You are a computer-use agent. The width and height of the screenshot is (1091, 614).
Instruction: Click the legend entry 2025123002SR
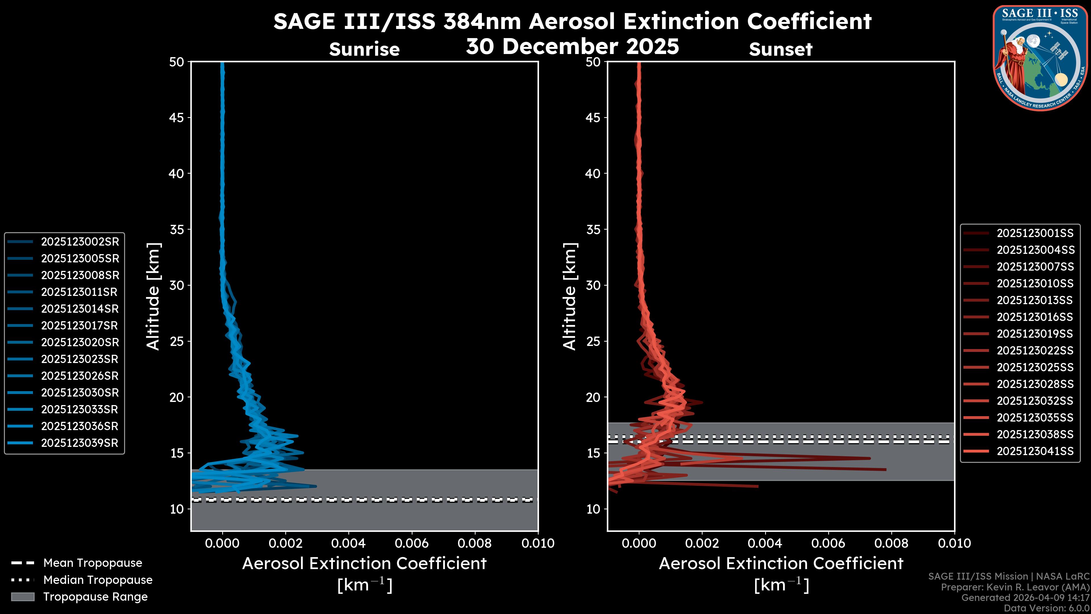coord(80,242)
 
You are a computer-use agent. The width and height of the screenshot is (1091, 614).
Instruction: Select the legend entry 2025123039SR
coord(80,443)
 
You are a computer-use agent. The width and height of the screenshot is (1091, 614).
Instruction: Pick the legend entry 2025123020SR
coord(80,342)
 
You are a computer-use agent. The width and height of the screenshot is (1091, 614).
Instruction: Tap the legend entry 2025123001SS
coord(1035,233)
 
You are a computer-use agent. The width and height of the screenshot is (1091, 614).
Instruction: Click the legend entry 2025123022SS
coord(1035,350)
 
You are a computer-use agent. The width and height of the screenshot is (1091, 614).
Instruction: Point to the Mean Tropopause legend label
coord(93,563)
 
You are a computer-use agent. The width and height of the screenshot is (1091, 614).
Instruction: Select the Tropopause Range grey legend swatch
coord(22,597)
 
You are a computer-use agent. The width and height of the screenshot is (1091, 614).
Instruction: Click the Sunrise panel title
coord(364,49)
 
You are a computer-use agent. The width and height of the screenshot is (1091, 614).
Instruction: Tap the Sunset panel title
coord(780,49)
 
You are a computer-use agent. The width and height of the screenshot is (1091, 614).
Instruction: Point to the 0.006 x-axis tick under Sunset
coord(828,543)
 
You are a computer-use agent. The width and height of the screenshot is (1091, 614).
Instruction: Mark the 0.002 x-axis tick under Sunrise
coord(286,543)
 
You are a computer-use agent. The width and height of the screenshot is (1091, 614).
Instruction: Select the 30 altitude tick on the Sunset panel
coord(593,285)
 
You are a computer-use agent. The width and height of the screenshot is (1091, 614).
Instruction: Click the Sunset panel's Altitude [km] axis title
coord(570,296)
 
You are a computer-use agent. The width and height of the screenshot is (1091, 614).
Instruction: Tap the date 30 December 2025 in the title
coord(572,46)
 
